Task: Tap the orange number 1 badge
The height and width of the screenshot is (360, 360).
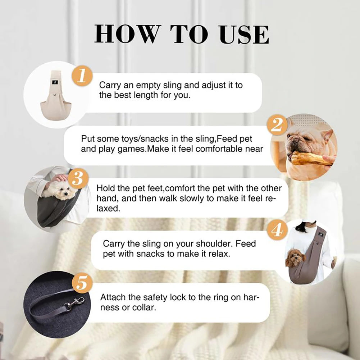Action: click(x=82, y=76)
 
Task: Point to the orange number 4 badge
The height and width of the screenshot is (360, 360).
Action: click(x=277, y=230)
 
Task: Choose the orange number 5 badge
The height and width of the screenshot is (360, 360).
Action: click(x=82, y=283)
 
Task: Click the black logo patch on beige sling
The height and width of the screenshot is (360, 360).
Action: click(x=55, y=82)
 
